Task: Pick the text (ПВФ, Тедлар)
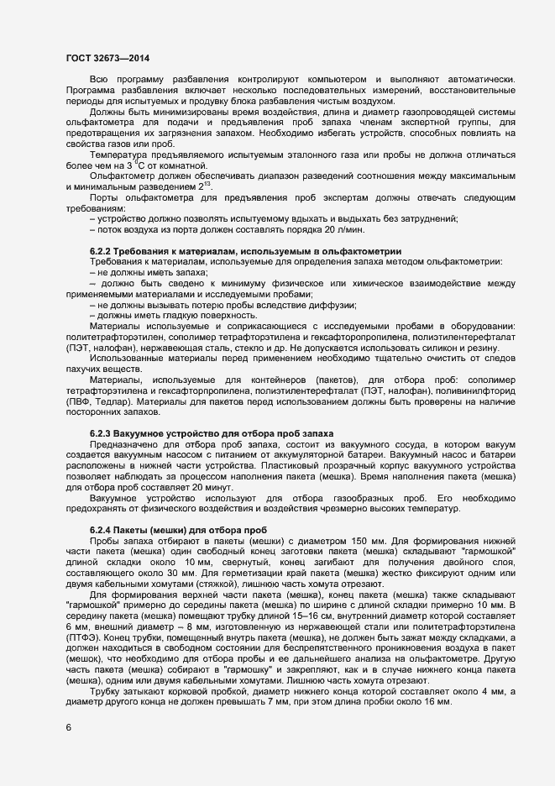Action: coord(95,402)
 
